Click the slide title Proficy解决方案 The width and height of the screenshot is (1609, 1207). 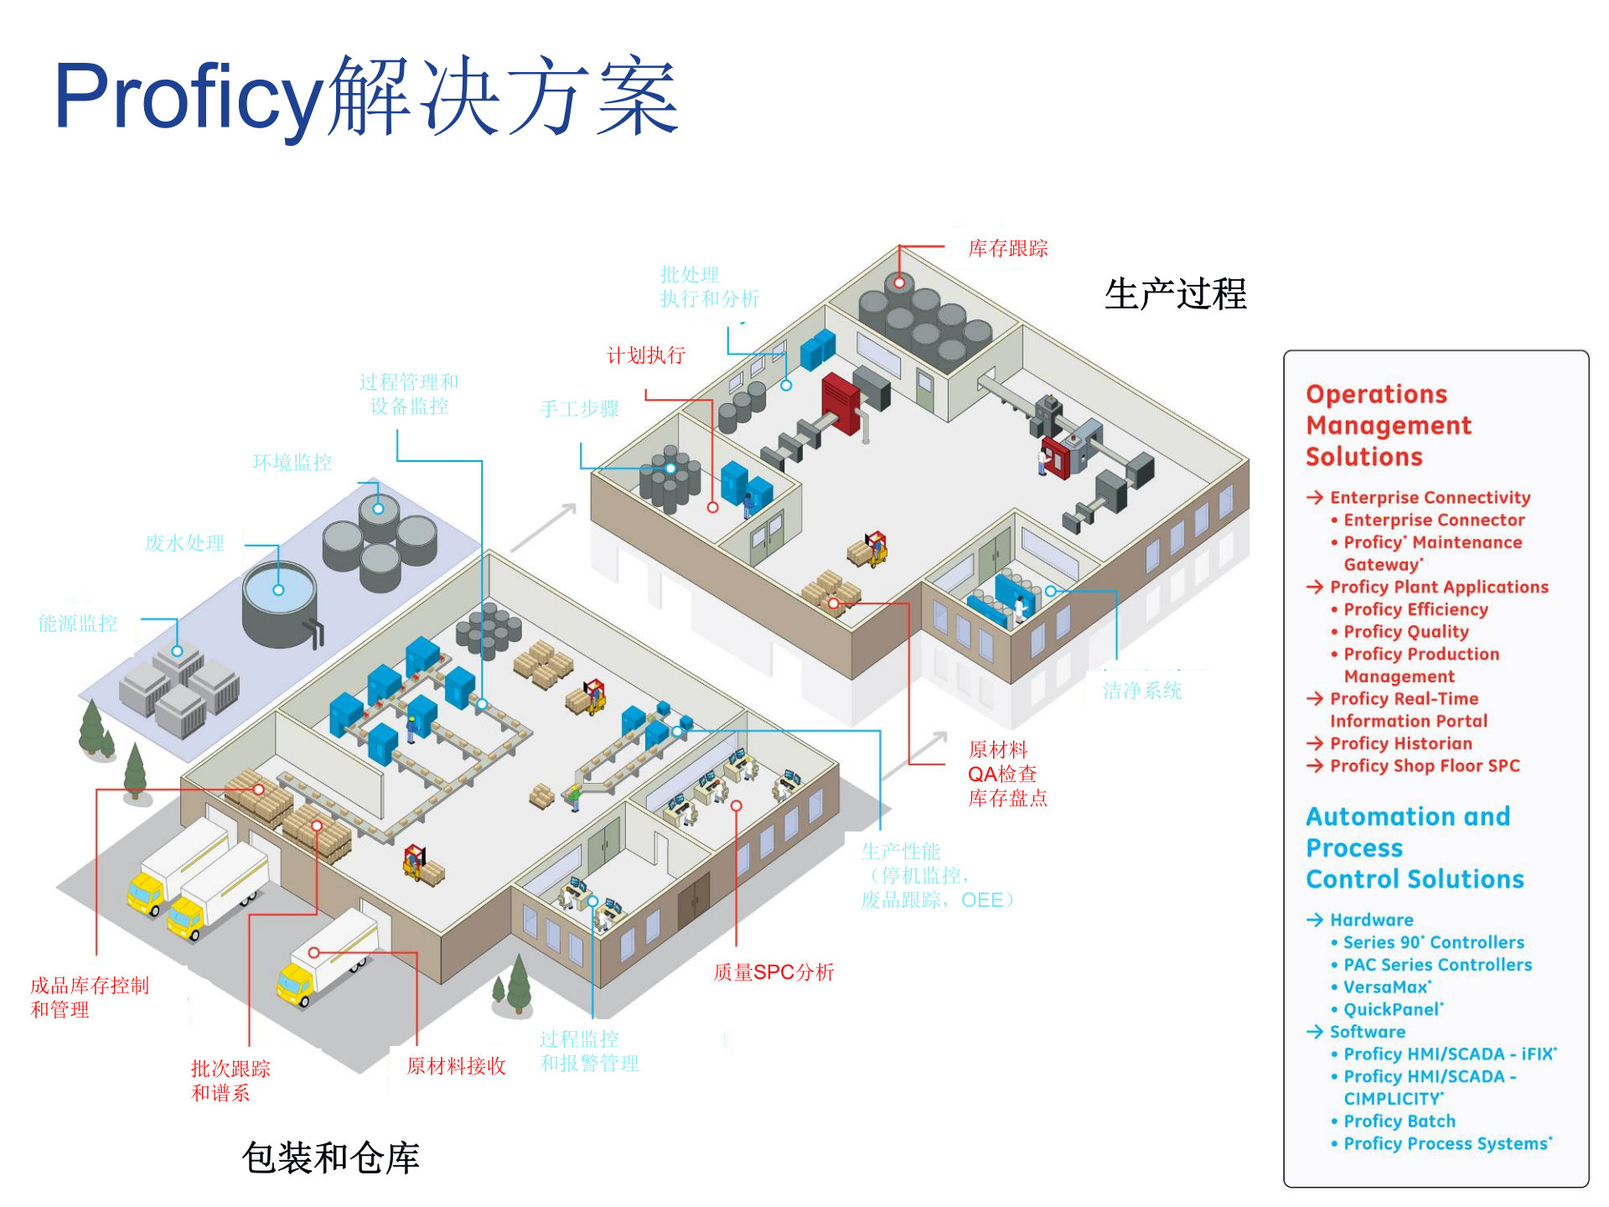point(365,96)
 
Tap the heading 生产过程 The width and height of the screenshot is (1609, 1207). point(1175,294)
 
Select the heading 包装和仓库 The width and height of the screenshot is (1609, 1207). point(330,1158)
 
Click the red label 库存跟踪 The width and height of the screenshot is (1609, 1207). point(1007,249)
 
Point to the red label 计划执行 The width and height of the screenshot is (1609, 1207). point(645,355)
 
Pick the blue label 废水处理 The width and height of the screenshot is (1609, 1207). point(184,543)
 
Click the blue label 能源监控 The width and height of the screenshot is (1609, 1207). point(77,624)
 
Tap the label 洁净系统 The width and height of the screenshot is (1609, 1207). point(1141,691)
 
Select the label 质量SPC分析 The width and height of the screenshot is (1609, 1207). point(773,972)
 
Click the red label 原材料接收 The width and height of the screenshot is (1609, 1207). point(456,1066)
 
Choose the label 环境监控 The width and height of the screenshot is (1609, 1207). point(292,463)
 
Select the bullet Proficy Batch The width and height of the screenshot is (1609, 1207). point(1399,1122)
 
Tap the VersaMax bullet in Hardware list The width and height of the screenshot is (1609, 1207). point(1386,987)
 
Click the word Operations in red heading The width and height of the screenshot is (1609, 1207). point(1376,394)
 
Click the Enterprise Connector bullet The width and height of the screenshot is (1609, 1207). point(1433,521)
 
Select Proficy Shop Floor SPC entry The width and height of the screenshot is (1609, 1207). point(1424,766)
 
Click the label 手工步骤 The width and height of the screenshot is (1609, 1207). point(579,409)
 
